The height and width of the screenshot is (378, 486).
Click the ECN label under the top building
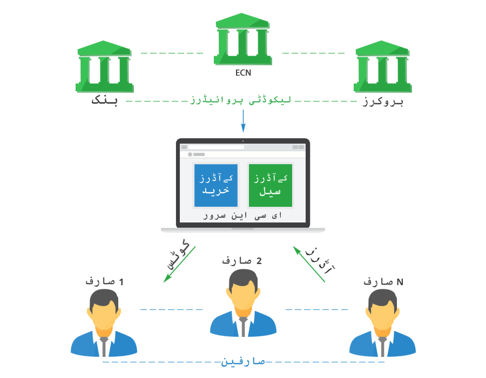pos(243,73)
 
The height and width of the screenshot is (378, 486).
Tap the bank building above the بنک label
pos(104,66)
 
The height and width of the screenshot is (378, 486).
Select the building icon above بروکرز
pos(382,66)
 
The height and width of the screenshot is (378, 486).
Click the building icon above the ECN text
pos(242,39)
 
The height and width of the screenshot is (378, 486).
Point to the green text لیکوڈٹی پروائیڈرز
pos(241,100)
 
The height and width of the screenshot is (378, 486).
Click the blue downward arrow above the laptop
pos(244,121)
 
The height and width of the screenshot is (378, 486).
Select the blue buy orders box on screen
pos(216,185)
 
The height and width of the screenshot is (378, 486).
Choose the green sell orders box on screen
pos(271,185)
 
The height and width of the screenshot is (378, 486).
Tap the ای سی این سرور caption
pos(242,215)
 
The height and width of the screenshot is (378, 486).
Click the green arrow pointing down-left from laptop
pos(179,265)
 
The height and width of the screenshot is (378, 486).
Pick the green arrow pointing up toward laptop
pos(309,264)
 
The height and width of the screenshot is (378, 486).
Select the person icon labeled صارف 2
pos(243,303)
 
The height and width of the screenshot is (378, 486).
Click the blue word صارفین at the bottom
pos(243,362)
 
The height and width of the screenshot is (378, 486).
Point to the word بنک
pos(104,100)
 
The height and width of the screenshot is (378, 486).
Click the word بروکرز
pos(383,102)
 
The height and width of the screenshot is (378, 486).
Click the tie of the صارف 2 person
pos(244,327)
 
